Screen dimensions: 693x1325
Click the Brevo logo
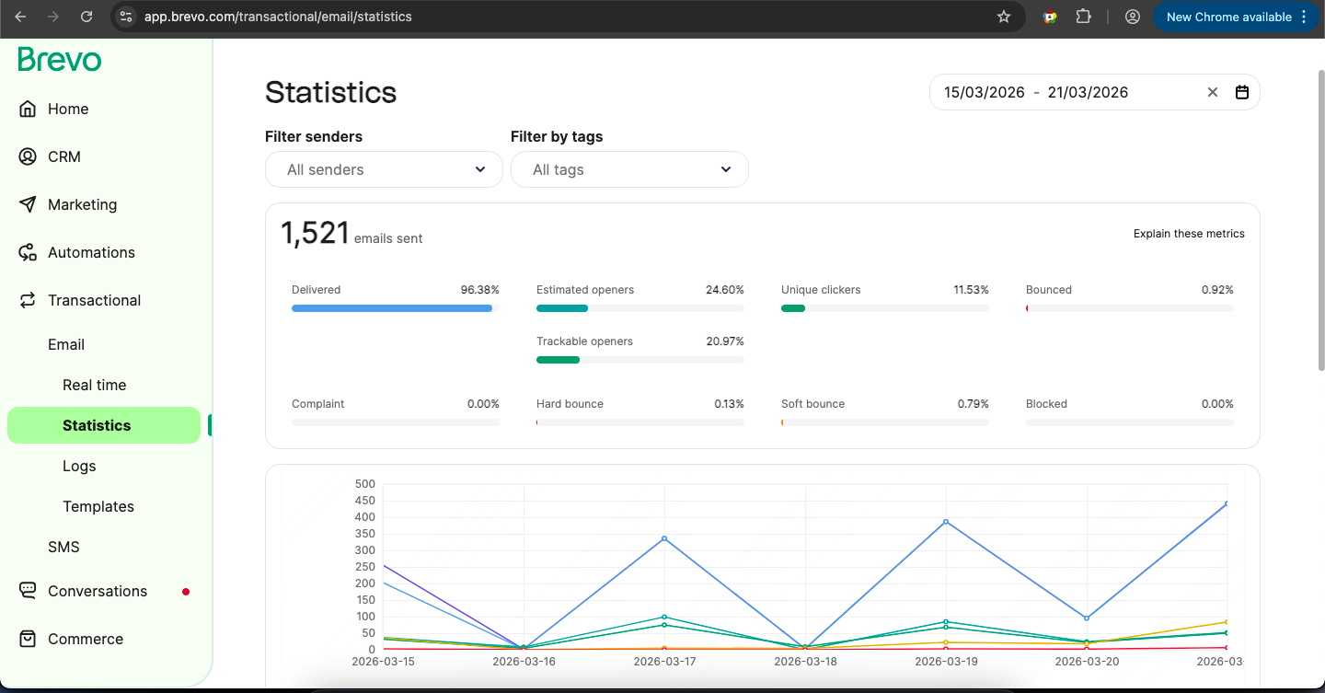[60, 60]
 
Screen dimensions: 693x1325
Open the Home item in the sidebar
[68, 109]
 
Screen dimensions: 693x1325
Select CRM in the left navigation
[63, 156]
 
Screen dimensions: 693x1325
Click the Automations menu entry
[91, 252]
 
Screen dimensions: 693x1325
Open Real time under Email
[94, 385]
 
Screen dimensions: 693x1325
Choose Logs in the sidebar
[79, 466]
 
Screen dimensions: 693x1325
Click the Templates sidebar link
[98, 506]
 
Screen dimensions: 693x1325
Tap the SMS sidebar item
[63, 547]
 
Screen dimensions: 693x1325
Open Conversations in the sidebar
[97, 591]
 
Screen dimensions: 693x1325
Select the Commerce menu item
[85, 639]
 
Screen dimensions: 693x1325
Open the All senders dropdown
[384, 169]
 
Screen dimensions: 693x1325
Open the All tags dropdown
[629, 169]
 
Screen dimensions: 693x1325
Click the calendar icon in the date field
[1241, 92]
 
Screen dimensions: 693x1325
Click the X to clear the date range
[1212, 92]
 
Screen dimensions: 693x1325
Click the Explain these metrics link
[1189, 234]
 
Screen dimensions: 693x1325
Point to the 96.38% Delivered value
[479, 290]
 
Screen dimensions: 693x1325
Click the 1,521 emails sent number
[315, 234]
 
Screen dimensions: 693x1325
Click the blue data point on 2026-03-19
[946, 522]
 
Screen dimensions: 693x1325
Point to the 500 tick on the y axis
[364, 484]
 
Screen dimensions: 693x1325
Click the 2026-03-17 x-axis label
[664, 661]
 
